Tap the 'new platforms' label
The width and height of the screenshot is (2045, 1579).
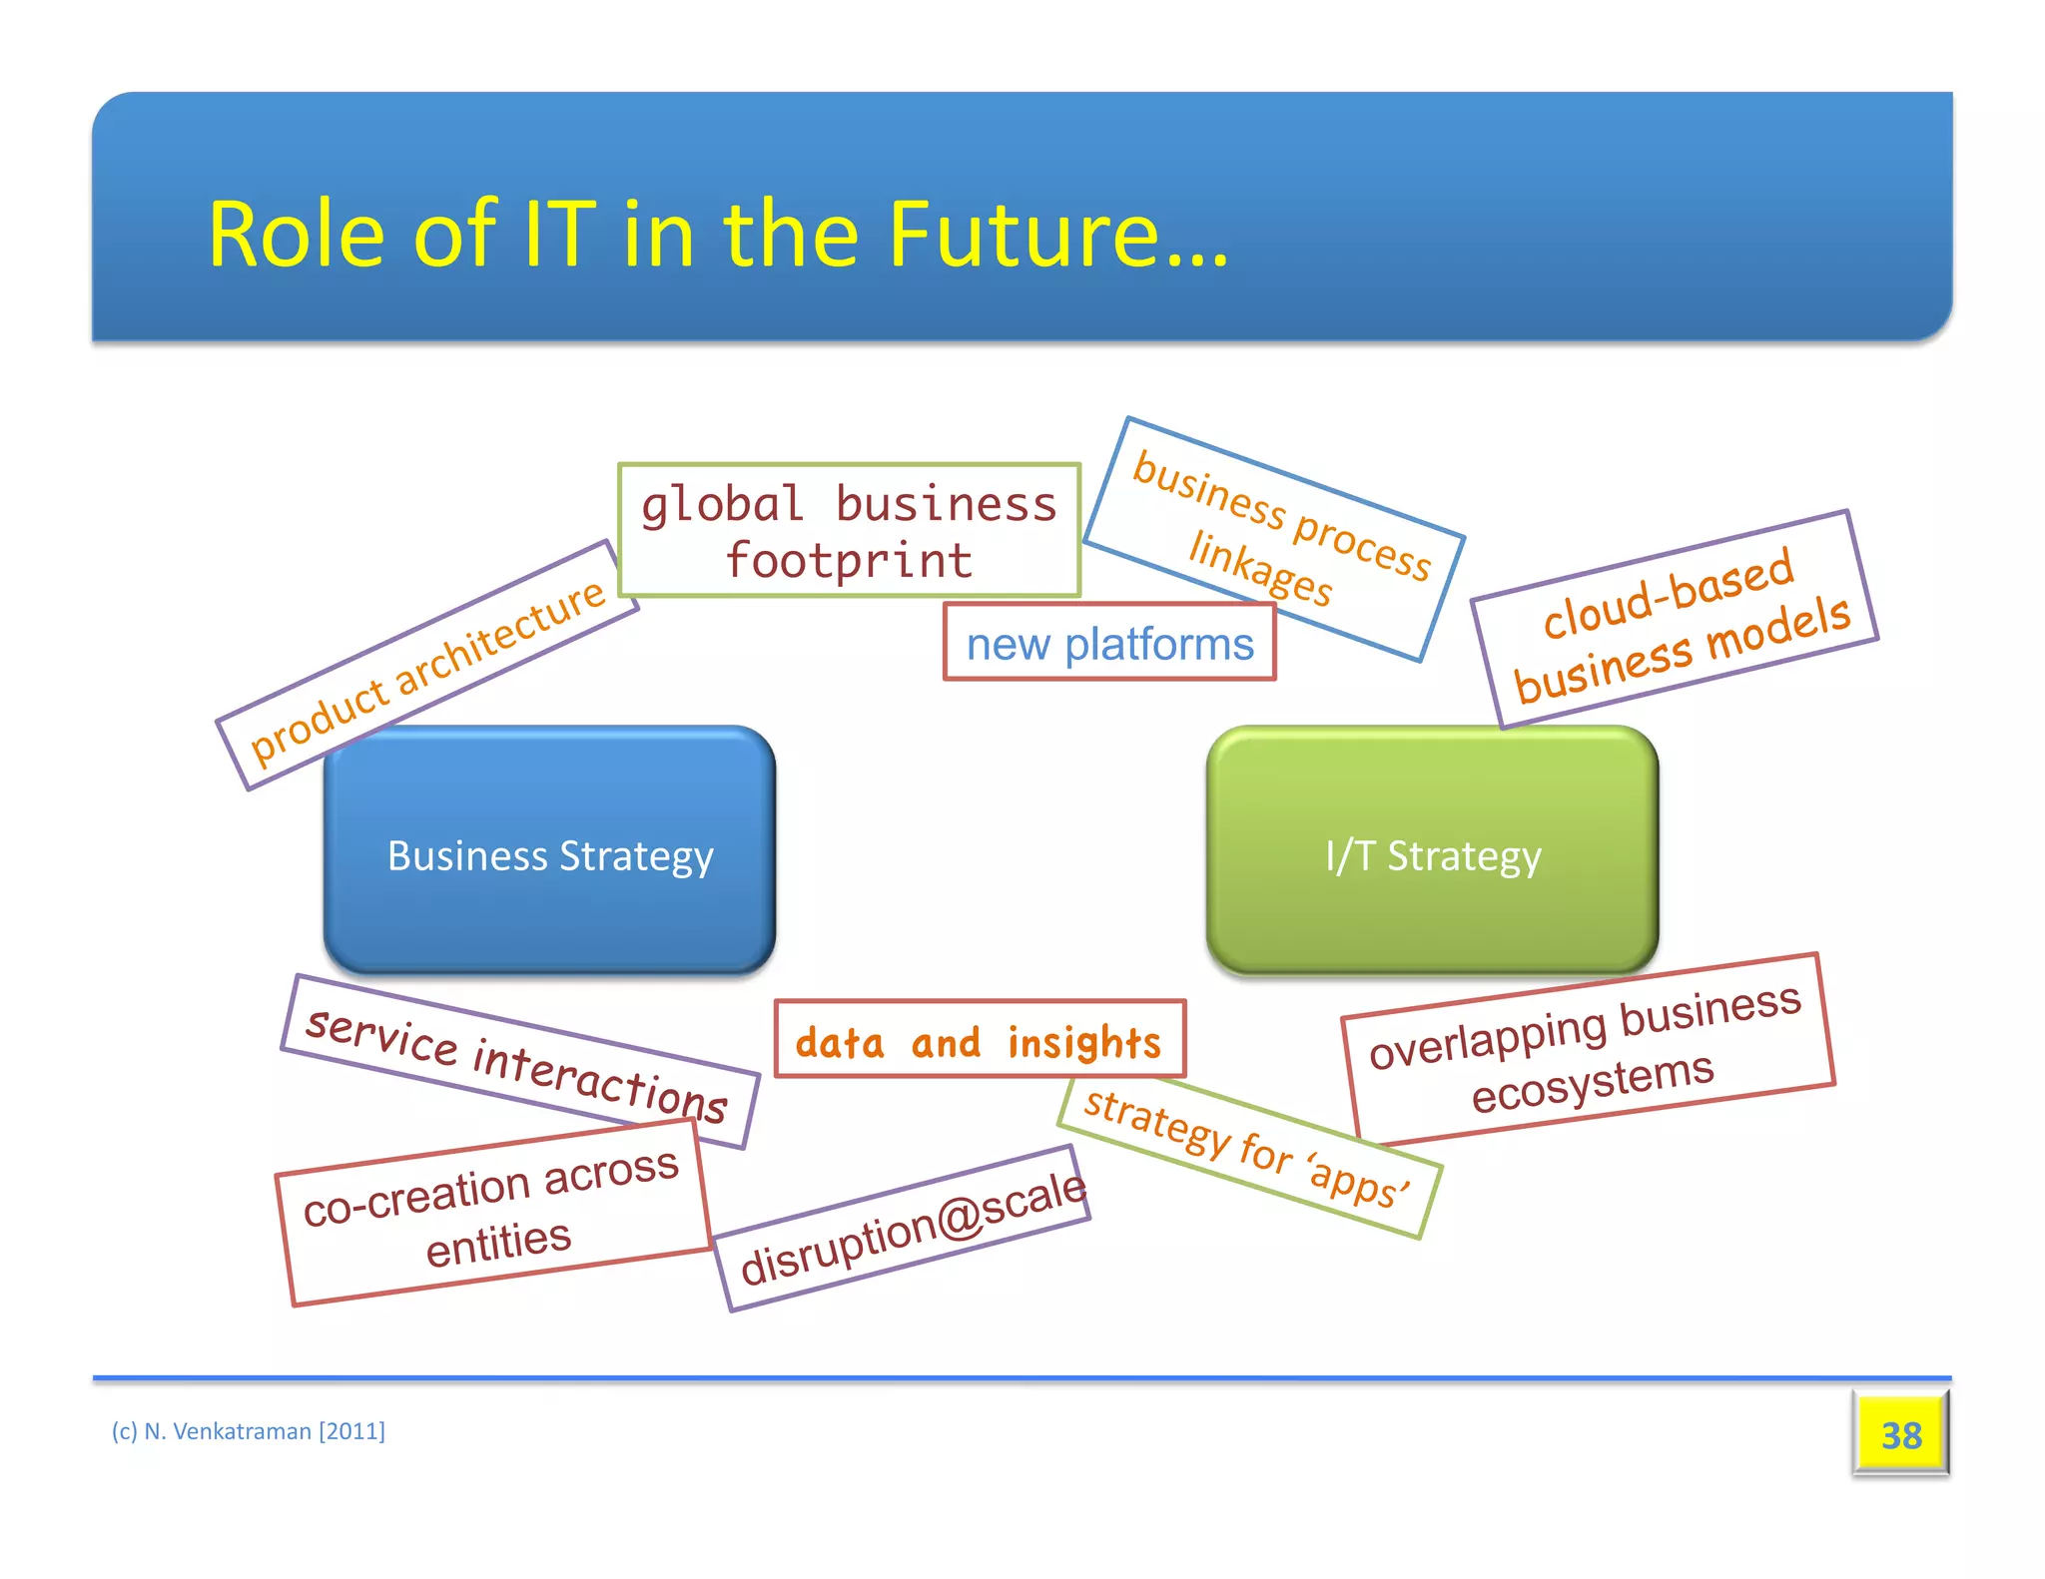[x=1109, y=643]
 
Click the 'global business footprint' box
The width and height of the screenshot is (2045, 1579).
[x=849, y=531]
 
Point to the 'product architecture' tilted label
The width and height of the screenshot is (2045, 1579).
[x=427, y=666]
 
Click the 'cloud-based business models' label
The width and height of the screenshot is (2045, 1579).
[x=1675, y=621]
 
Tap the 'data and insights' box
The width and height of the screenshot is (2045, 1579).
[x=979, y=1040]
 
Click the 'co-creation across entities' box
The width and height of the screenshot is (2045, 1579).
[x=493, y=1212]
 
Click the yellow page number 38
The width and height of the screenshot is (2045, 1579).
[x=1900, y=1434]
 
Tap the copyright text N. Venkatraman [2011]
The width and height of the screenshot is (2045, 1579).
[x=249, y=1431]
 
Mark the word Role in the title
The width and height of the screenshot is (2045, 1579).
[x=296, y=236]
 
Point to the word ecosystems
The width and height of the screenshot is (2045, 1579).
[x=1593, y=1084]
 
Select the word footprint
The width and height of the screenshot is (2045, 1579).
[x=849, y=561]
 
